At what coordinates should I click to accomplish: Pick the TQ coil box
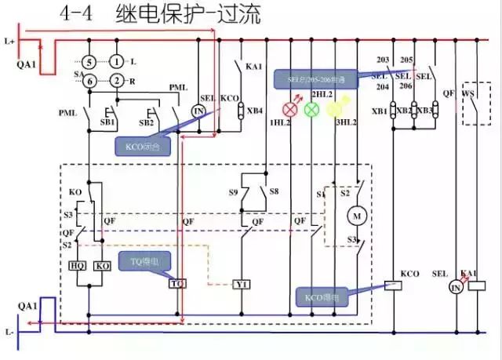(177, 282)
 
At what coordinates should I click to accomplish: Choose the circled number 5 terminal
(90, 61)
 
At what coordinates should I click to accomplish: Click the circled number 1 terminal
(117, 61)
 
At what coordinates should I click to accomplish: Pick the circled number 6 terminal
(90, 81)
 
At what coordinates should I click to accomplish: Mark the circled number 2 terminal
(117, 81)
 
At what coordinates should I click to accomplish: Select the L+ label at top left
(9, 39)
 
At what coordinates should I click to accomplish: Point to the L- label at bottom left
(9, 333)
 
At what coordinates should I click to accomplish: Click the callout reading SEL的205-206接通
(314, 80)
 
